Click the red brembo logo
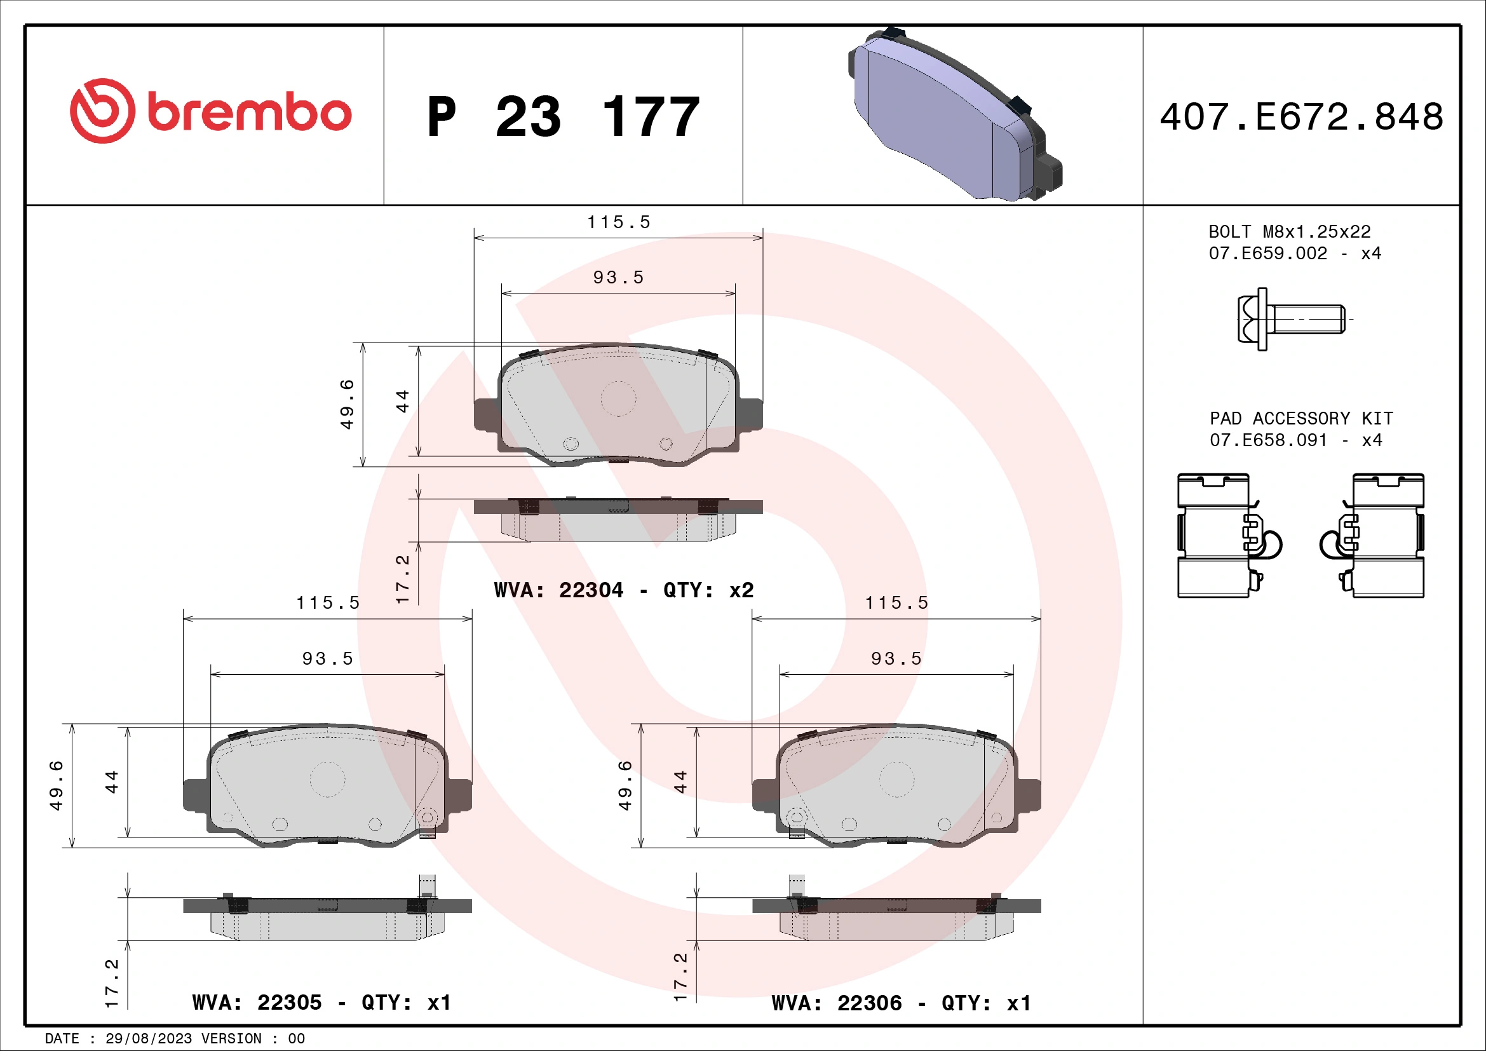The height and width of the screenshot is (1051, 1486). (x=210, y=111)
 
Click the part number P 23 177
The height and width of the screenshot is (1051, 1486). (x=563, y=117)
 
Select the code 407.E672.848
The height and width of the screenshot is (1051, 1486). (x=1301, y=117)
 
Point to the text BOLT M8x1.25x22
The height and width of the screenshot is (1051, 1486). (x=1289, y=232)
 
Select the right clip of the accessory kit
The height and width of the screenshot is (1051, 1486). (x=1376, y=535)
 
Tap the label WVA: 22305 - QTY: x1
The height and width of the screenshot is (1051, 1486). (x=321, y=1003)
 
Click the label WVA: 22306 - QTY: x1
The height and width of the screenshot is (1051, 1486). (x=901, y=1003)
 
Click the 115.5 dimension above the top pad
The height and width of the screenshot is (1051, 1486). (x=618, y=222)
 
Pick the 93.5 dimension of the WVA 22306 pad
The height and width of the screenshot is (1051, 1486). (x=896, y=659)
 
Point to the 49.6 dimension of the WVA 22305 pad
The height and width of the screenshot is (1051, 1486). (x=57, y=785)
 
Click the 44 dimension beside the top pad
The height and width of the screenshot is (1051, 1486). (x=403, y=400)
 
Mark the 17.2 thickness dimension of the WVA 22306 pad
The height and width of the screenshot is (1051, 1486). (x=680, y=977)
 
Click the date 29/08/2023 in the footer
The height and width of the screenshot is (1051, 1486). (x=148, y=1039)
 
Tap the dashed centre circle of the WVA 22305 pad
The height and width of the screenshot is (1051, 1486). (x=327, y=779)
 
